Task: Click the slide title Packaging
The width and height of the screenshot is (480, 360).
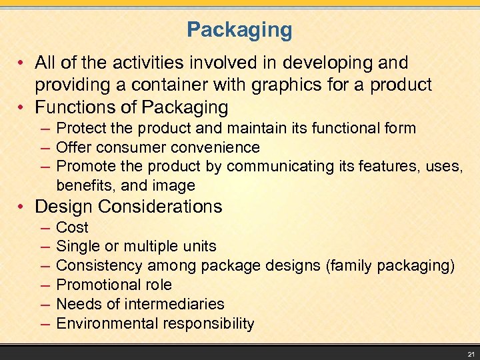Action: point(239,30)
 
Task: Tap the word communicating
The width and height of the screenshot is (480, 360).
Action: point(284,166)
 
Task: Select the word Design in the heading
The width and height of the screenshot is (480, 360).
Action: point(64,207)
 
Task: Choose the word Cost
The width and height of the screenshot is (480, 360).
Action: point(72,227)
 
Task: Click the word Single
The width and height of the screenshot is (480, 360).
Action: point(77,247)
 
